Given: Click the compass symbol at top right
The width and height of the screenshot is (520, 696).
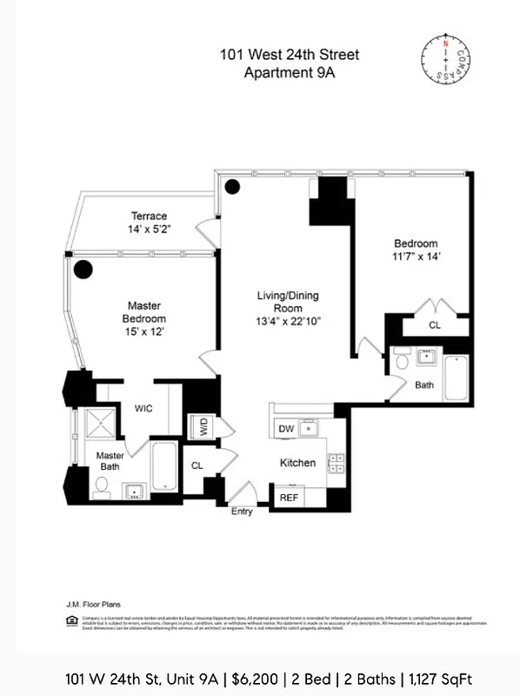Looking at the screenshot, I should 450,59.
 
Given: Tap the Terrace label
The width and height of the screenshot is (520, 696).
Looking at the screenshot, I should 149,216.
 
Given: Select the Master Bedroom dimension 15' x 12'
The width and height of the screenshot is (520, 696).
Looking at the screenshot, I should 144,331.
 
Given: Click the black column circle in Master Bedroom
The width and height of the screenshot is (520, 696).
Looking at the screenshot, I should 83,270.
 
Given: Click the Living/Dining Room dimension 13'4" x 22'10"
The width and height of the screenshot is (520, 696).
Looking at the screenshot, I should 290,321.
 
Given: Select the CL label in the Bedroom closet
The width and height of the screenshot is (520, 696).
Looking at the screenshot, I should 433,325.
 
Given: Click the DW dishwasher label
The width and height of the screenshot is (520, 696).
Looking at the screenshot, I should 285,429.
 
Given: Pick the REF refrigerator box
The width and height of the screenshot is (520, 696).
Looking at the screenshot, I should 289,498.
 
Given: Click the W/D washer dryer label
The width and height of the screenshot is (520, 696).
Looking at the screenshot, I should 203,426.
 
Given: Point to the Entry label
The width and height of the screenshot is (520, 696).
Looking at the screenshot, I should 242,512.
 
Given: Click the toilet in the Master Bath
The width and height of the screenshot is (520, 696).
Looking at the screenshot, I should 101,492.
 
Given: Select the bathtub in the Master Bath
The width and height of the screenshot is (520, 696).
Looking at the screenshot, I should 165,465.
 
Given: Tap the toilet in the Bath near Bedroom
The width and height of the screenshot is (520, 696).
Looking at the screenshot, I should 401,359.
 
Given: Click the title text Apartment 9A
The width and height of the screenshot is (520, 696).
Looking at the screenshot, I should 289,73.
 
